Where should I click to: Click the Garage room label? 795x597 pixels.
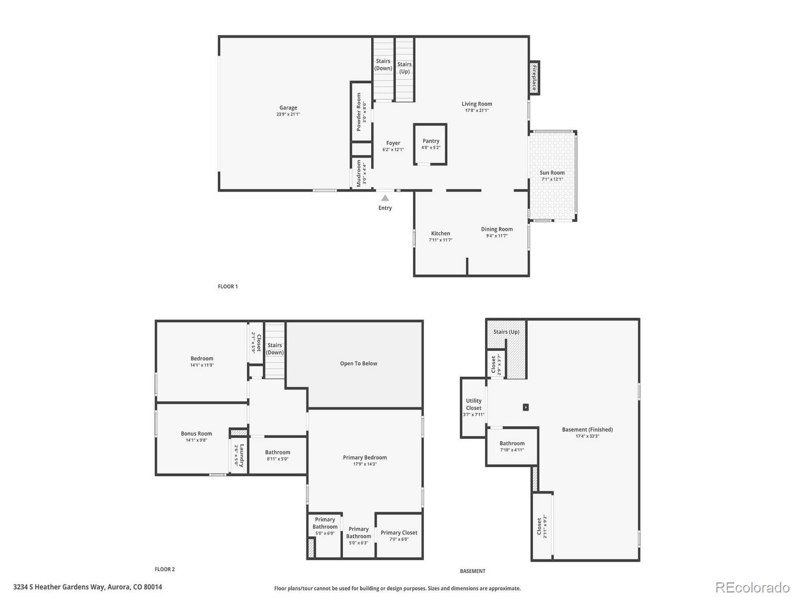[288, 108]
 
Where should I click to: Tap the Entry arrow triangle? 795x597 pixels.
[385, 198]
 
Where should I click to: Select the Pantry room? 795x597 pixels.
[430, 144]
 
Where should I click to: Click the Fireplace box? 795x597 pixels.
[534, 78]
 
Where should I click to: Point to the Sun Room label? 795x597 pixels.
[552, 173]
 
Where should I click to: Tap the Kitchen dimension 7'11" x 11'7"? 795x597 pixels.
[440, 240]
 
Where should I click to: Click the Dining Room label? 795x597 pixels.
[496, 229]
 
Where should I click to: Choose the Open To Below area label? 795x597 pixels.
[358, 364]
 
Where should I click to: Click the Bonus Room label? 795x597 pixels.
[196, 434]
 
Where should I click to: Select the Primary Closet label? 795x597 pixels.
[399, 533]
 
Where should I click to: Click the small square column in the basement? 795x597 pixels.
[526, 407]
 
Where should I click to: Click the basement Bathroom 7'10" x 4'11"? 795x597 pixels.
[512, 446]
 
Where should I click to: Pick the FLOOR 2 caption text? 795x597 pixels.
[164, 569]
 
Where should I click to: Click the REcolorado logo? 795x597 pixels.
[752, 588]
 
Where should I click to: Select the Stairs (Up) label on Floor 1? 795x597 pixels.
[404, 68]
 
